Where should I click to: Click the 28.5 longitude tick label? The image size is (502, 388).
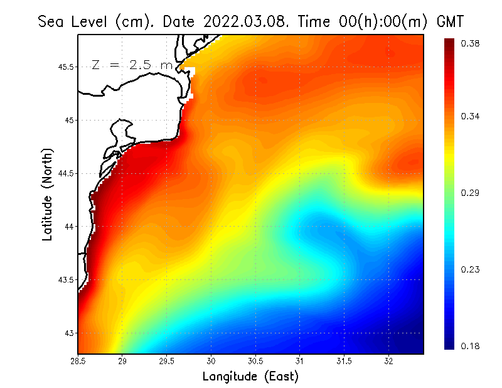point(78,362)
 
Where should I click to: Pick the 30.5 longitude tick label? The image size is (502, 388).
point(255,362)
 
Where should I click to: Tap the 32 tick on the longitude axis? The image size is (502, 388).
point(388,362)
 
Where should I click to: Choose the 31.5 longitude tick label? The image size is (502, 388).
point(344,362)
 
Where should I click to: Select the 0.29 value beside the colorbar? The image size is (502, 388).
point(471,193)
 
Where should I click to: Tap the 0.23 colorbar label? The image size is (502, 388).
point(471,269)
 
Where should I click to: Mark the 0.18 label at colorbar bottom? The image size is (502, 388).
point(471,346)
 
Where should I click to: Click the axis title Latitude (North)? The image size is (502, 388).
point(47,194)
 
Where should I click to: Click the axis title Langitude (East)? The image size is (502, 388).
point(250,377)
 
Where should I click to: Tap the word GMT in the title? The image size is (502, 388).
point(450,21)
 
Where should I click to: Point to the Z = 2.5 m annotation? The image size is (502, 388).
point(131,65)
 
